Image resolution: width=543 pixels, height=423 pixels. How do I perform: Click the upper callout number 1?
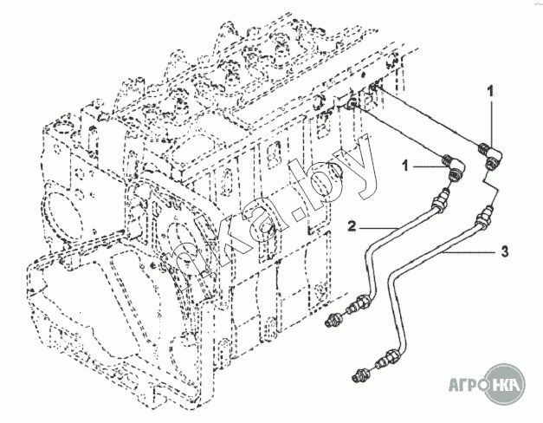tap(491, 90)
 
